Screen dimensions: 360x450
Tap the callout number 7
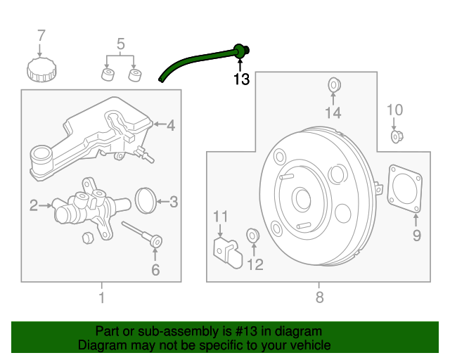[41, 35]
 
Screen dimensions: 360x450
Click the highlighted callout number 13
[241, 79]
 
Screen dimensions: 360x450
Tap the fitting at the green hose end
[240, 50]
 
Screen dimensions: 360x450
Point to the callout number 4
[171, 126]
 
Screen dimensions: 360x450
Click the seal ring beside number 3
[145, 200]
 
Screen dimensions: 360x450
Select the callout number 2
[33, 205]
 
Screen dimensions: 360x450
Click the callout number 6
[155, 269]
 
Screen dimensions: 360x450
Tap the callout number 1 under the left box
[101, 297]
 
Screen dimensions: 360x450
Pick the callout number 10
[395, 110]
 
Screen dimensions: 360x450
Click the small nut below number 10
[396, 136]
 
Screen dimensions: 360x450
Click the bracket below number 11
[228, 251]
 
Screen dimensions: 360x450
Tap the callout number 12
[254, 264]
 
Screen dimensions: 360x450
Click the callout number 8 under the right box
[320, 297]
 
